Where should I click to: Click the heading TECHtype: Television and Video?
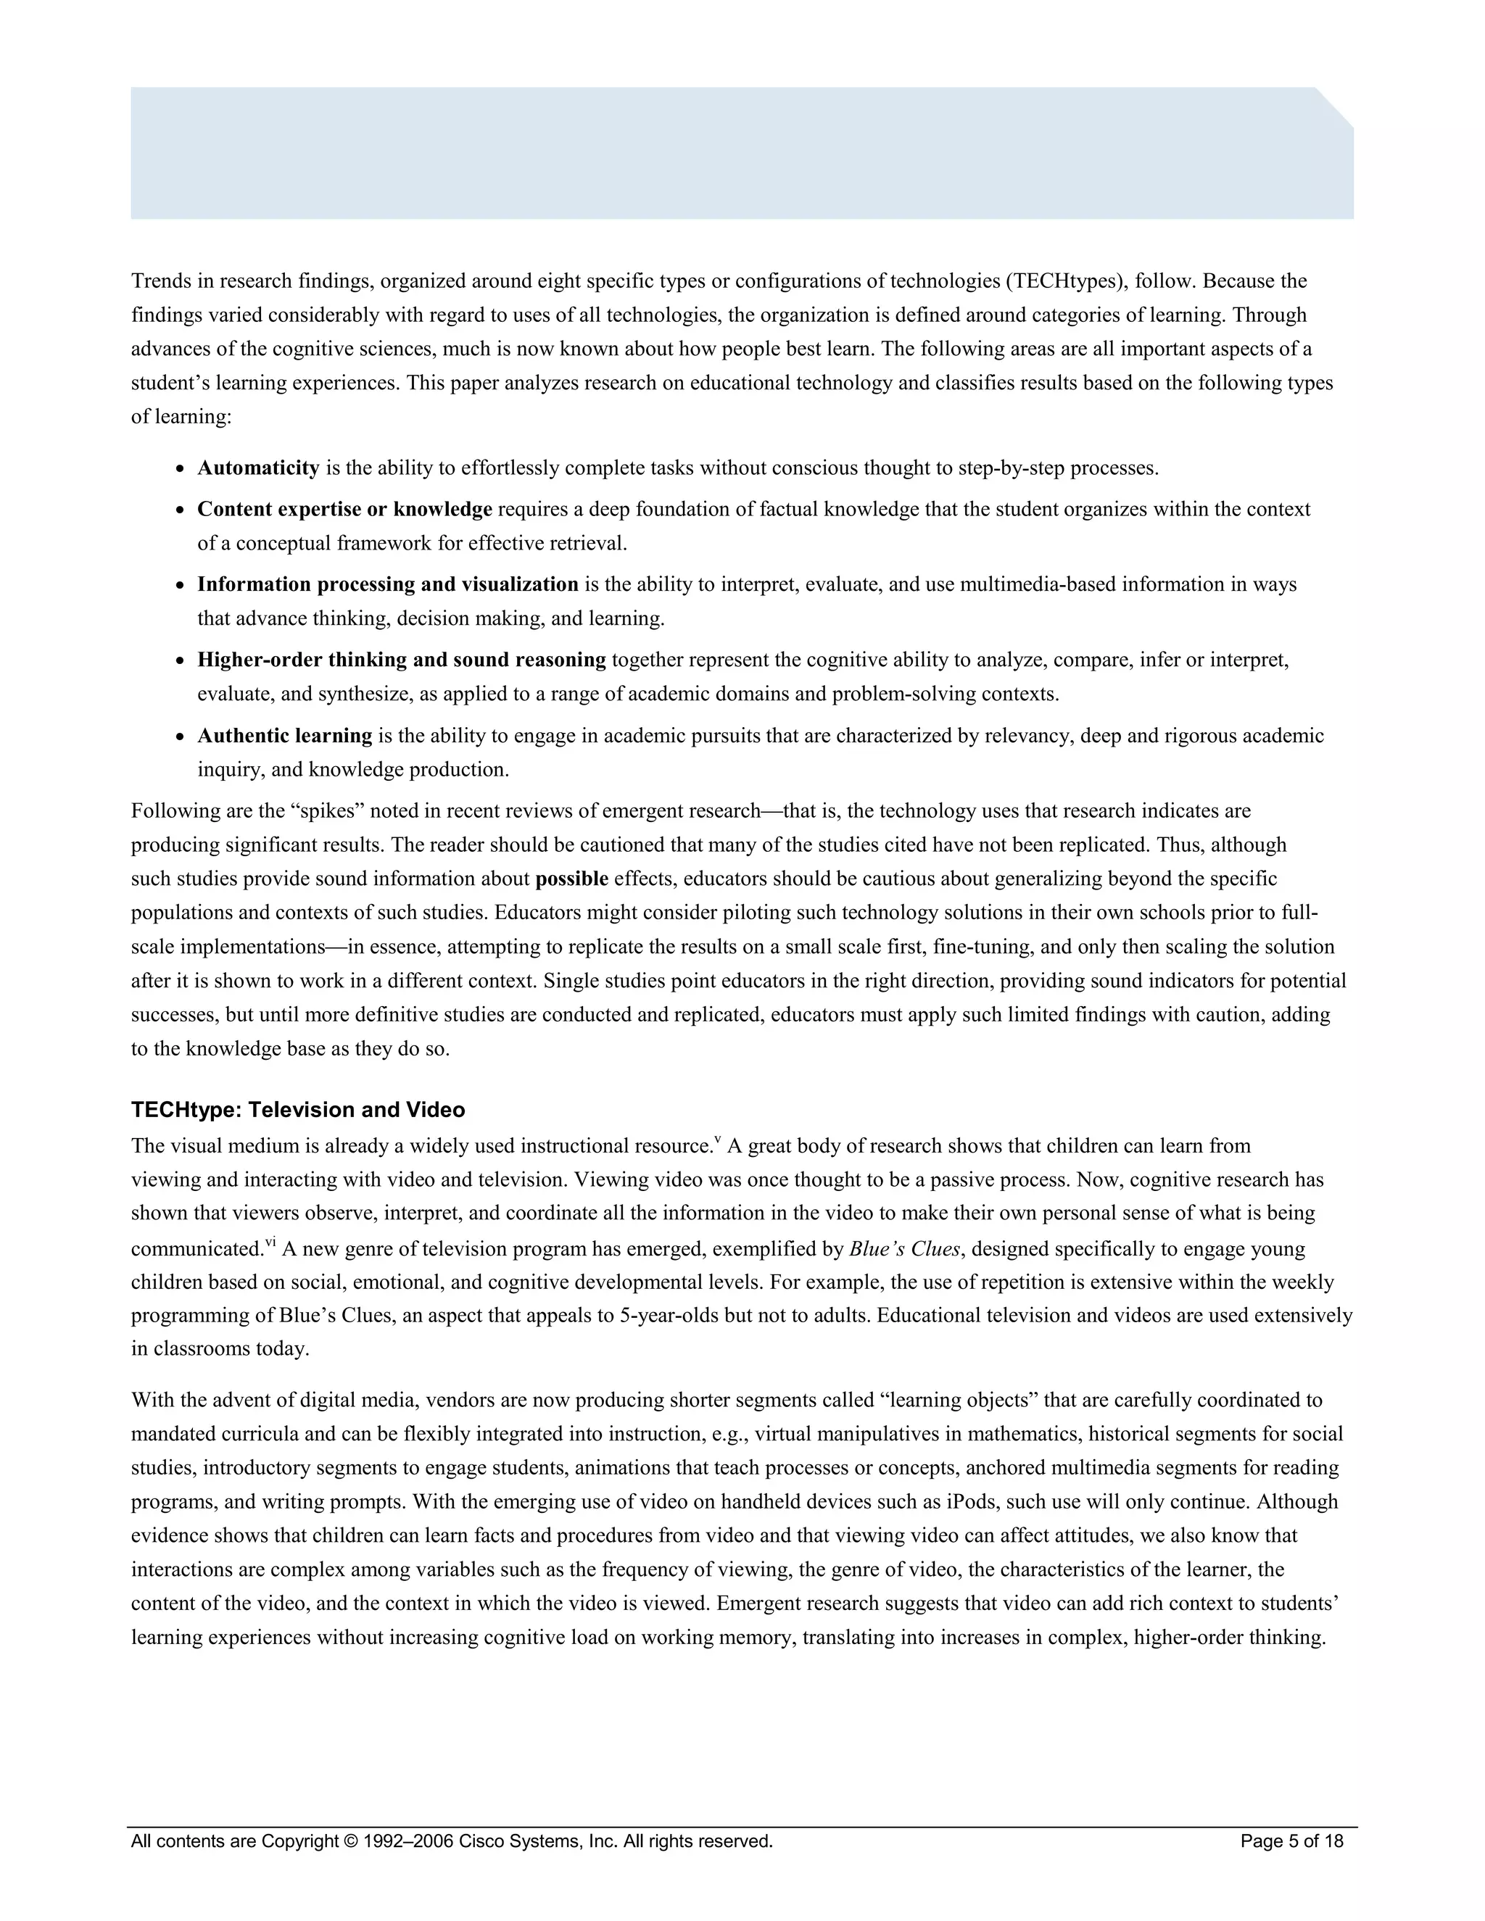[297, 1110]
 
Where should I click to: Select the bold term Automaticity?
[257, 468]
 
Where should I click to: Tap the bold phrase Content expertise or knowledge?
[344, 510]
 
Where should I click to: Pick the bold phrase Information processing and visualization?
[387, 585]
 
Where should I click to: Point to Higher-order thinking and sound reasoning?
[401, 660]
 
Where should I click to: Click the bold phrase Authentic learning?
[284, 735]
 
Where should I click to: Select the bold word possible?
[572, 879]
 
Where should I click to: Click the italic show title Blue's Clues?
[904, 1249]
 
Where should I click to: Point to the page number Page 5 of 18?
[1291, 1841]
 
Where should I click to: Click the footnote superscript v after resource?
[717, 1141]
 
